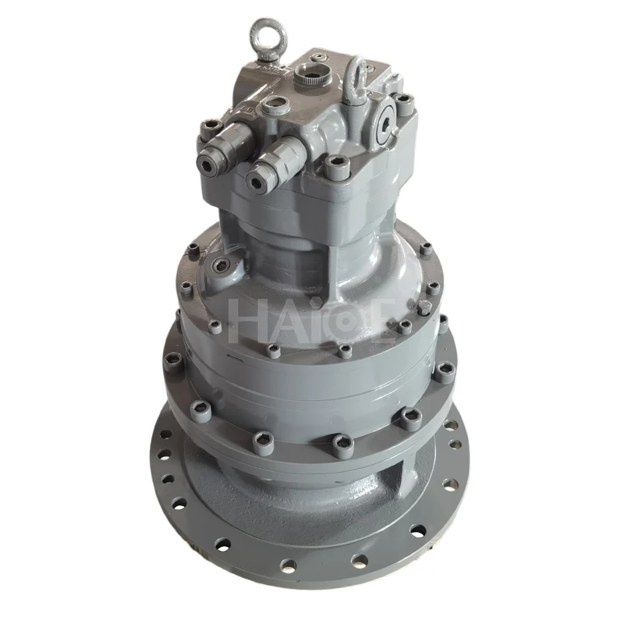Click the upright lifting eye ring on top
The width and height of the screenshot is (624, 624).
(x=261, y=35)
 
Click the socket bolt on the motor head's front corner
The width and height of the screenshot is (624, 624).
(x=338, y=166)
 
